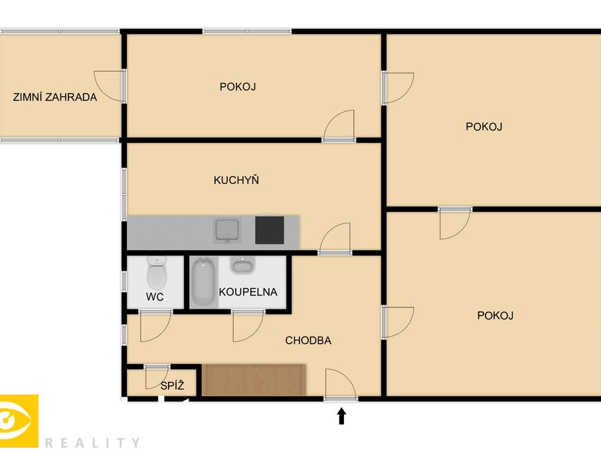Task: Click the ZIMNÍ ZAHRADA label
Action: [x=55, y=97]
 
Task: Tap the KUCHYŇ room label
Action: [x=236, y=180]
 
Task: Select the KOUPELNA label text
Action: [x=248, y=292]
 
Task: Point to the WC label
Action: [x=155, y=297]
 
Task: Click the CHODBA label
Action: [x=308, y=341]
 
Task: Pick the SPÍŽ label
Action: [x=171, y=385]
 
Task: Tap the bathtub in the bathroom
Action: [x=203, y=282]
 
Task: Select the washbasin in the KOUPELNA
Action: [x=241, y=266]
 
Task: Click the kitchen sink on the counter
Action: [x=228, y=230]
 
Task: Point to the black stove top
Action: [x=269, y=230]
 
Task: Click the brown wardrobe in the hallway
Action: [x=254, y=379]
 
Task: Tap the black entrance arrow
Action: [x=341, y=416]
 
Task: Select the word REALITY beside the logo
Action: [x=92, y=442]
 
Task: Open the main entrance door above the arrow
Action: [x=340, y=385]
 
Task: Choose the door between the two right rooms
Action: [x=455, y=223]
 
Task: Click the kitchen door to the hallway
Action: [x=335, y=239]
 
